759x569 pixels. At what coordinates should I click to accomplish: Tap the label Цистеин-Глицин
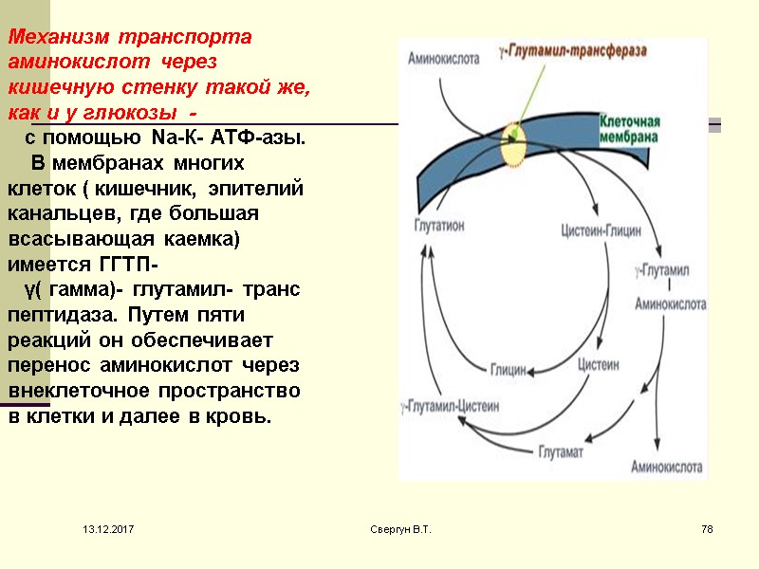pyautogui.click(x=601, y=229)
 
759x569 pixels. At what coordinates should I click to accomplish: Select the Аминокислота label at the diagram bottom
pyautogui.click(x=667, y=467)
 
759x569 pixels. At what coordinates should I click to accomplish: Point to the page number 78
pyautogui.click(x=706, y=527)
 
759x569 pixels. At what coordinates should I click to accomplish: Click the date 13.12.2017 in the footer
pyautogui.click(x=108, y=527)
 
